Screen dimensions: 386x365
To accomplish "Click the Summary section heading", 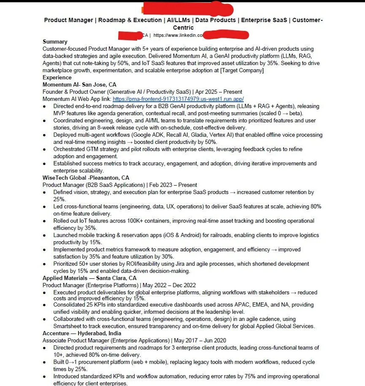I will point(55,42).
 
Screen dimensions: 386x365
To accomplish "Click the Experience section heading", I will point(57,77).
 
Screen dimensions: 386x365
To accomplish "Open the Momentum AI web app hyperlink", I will point(178,99).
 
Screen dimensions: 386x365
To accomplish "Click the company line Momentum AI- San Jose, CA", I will point(79,85).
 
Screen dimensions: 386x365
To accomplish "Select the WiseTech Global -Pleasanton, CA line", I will point(86,178).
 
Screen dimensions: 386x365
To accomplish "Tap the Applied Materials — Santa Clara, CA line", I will point(89,278).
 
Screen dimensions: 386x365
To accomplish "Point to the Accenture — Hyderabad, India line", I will point(82,333).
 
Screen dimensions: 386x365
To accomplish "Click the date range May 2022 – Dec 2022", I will point(169,285).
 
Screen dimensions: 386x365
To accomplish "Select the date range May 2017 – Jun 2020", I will point(200,340).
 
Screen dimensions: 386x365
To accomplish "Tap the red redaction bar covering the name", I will point(188,9).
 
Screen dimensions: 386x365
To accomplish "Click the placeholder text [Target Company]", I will point(242,70).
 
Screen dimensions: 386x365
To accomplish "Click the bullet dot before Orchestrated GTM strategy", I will point(44,149).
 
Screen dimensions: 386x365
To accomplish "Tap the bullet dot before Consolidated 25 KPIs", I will point(44,305).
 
